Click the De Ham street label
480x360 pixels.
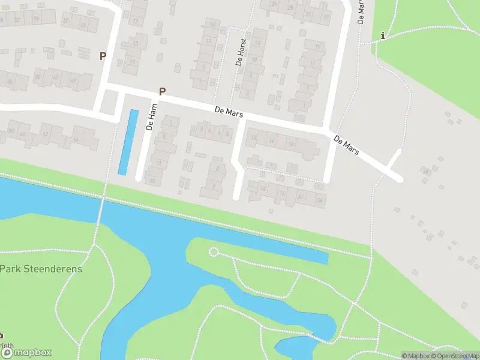coord(152,117)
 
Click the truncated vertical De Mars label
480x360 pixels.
coord(361,11)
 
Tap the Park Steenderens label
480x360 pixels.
coord(41,268)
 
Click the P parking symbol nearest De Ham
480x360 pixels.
coord(161,92)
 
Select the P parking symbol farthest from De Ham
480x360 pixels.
coord(103,56)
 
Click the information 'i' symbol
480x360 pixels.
coord(383,36)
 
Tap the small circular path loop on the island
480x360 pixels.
coord(214,252)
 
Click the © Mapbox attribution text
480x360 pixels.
coord(415,356)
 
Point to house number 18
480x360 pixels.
coord(291,144)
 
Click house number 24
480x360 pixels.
coord(320,199)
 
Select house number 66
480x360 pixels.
coord(76,140)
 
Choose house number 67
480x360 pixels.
coord(73,80)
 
